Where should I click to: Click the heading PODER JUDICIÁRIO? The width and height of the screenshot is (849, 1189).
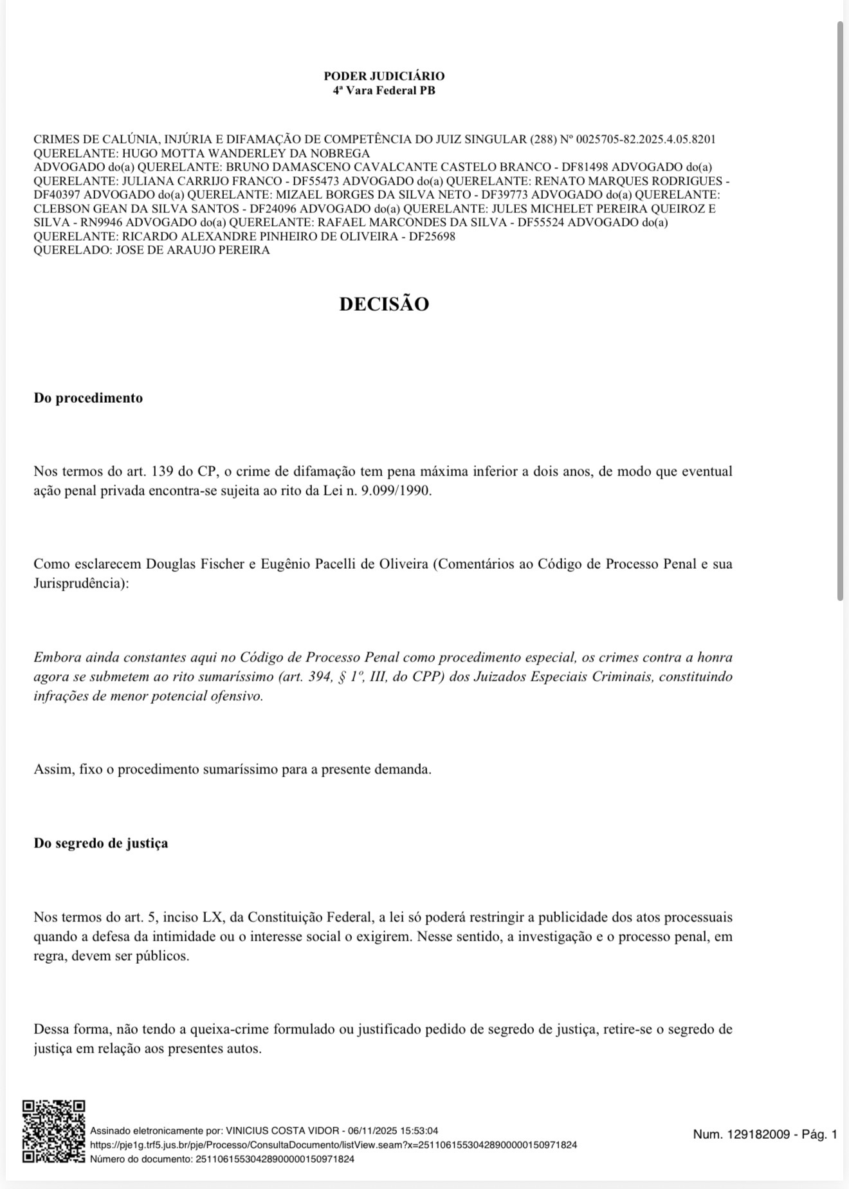(384, 77)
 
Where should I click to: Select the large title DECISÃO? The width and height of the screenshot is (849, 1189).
(384, 304)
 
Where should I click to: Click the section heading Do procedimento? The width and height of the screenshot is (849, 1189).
(88, 398)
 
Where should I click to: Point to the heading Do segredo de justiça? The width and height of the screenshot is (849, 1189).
(101, 843)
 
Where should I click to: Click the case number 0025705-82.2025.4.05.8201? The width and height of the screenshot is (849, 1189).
(646, 140)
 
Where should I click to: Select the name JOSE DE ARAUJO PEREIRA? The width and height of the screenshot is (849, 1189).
(192, 250)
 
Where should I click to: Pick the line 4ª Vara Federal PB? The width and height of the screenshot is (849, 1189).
(384, 91)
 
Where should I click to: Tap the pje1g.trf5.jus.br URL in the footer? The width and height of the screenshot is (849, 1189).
(333, 1145)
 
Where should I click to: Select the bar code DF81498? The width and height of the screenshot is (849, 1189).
(584, 167)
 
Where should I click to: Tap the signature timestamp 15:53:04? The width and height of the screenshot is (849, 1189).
(419, 1130)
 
